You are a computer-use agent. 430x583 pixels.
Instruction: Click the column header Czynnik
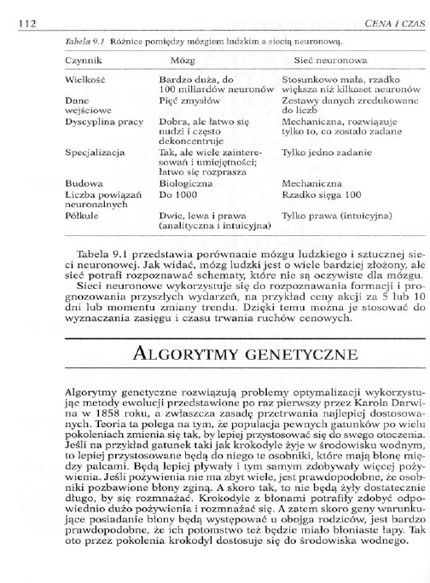[83, 62]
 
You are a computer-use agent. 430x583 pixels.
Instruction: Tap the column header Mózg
[183, 62]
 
